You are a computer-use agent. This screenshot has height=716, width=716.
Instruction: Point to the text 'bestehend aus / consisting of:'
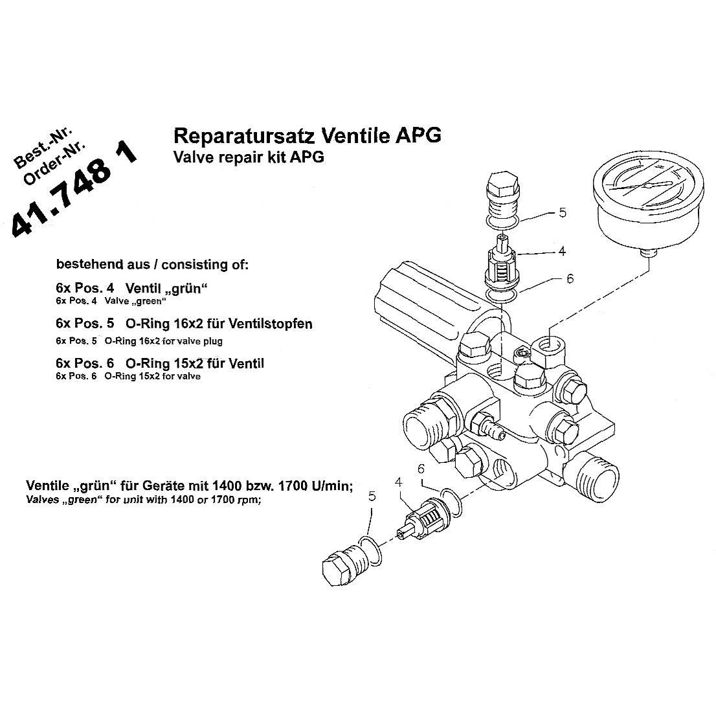tap(152, 265)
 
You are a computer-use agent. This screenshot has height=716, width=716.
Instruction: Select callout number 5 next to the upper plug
tap(563, 212)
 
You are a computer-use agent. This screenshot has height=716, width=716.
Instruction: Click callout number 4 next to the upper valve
tap(563, 250)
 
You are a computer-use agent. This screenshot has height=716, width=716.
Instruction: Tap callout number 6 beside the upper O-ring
tap(570, 278)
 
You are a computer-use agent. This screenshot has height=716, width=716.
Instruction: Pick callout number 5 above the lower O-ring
tap(372, 496)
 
